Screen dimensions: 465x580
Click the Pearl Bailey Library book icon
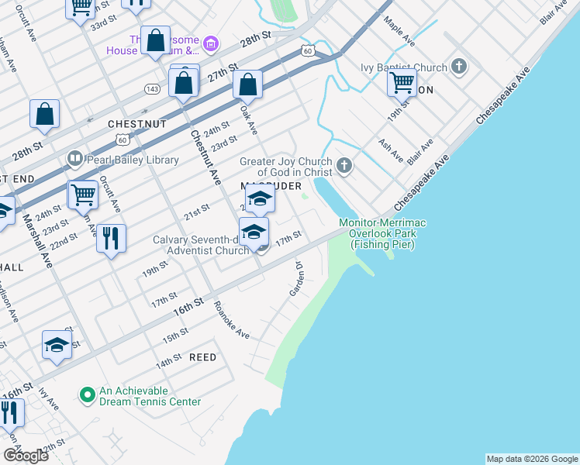tap(75, 160)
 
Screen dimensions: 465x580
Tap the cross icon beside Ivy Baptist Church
tap(459, 67)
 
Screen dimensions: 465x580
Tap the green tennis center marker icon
tap(87, 395)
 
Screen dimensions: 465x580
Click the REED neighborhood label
tap(202, 357)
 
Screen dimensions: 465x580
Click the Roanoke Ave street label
tap(232, 320)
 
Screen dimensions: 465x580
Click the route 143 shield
tap(152, 89)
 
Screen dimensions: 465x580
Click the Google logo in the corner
tap(26, 456)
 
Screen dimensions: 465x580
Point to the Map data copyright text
tap(531, 459)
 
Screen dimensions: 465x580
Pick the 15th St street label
tap(175, 336)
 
